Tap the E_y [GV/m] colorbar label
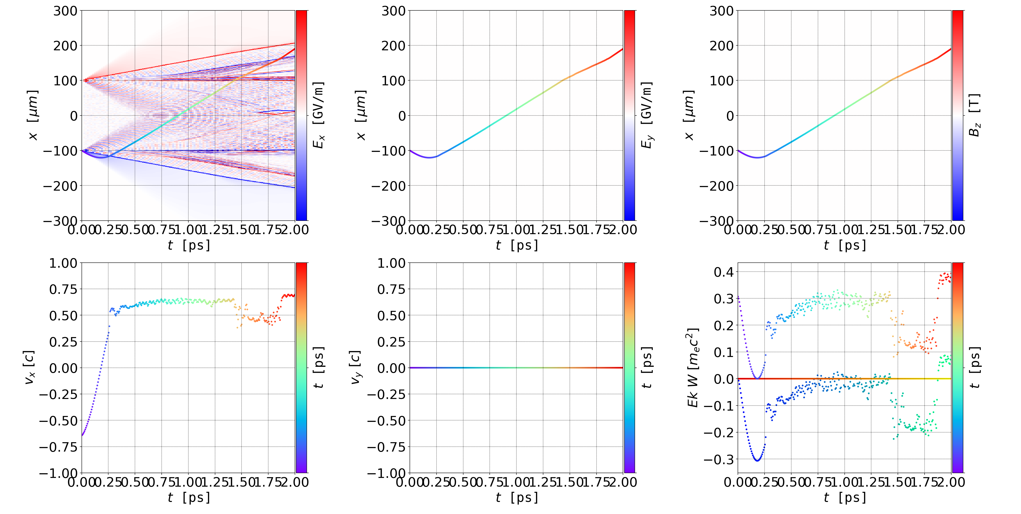pyautogui.click(x=647, y=115)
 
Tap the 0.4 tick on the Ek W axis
pyautogui.click(x=723, y=272)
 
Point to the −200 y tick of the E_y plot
pyautogui.click(x=388, y=185)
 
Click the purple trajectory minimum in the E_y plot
pyautogui.click(x=429, y=157)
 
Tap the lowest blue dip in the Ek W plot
pyautogui.click(x=757, y=460)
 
